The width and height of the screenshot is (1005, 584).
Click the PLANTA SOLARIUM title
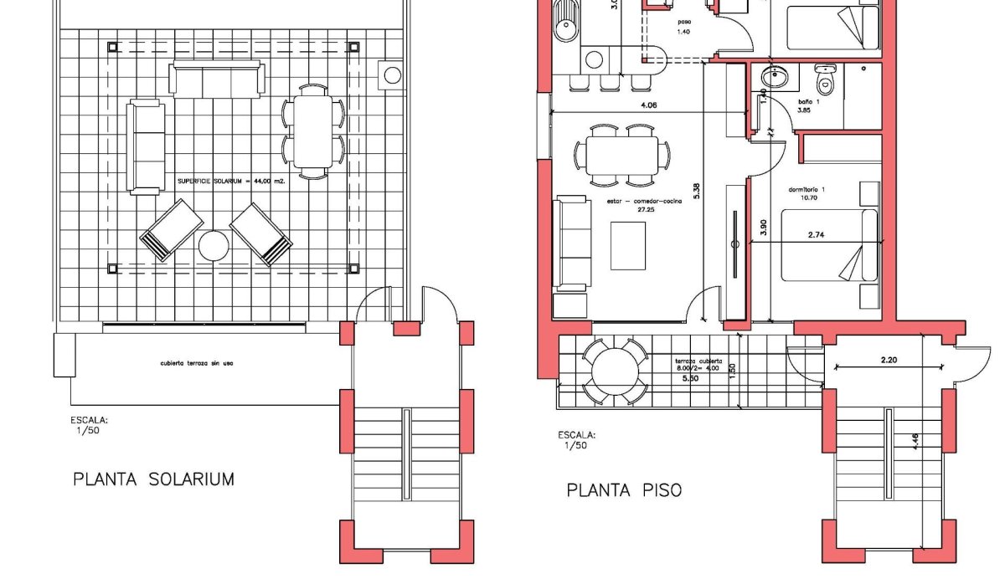[153, 479]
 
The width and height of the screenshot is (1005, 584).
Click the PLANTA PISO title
[624, 489]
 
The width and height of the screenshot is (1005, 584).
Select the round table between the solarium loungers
[214, 246]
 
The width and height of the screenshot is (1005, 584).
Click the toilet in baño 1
[825, 80]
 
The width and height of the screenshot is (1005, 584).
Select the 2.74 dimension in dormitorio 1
[817, 237]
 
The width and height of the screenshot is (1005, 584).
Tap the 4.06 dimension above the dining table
[648, 105]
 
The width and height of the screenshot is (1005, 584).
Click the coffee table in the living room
[629, 244]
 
